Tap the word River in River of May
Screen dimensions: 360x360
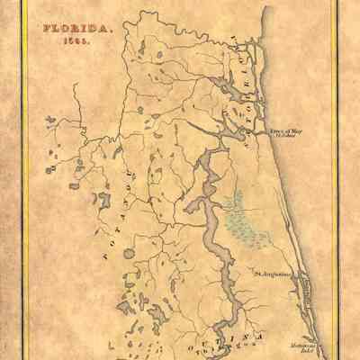click(x=277, y=130)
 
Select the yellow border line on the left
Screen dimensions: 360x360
click(x=23, y=180)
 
